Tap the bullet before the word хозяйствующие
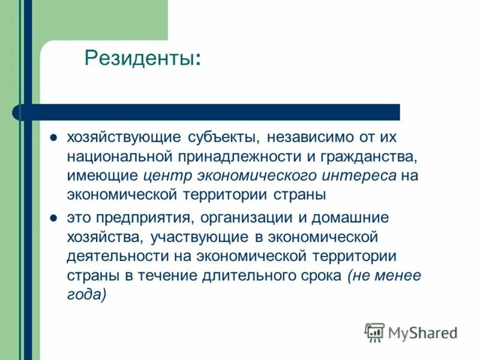(x=53, y=137)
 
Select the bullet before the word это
(x=53, y=217)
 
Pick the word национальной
(x=118, y=156)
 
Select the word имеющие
(x=101, y=176)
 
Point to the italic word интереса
(x=365, y=176)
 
